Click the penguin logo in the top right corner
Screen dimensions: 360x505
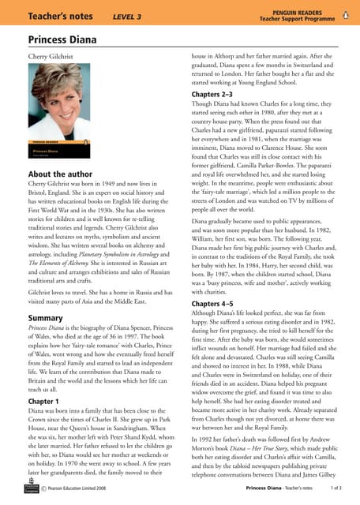tap(347, 13)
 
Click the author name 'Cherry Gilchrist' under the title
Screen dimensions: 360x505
tap(54, 58)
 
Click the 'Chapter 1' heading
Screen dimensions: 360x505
tap(48, 402)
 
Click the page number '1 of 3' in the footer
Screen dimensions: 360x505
tap(336, 489)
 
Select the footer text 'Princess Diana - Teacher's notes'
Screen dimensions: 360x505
tap(279, 489)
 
